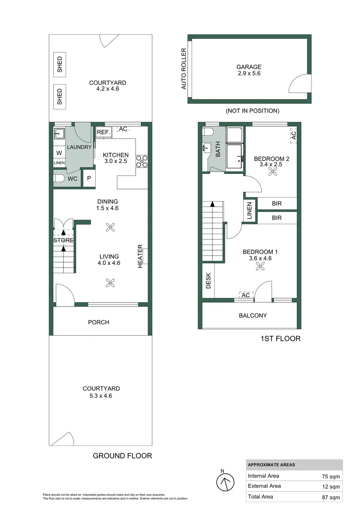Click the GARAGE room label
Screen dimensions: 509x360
click(249, 67)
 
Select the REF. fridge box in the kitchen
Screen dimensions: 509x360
click(103, 132)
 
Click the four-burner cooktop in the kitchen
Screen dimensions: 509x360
click(142, 161)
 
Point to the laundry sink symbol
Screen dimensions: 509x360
click(59, 134)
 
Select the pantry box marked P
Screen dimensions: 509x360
click(89, 180)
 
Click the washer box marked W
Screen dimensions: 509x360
click(59, 153)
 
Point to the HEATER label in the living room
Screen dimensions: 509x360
click(140, 256)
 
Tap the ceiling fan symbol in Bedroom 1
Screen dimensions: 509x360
click(260, 267)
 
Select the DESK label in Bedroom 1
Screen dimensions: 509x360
click(208, 281)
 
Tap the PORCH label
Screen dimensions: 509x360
click(98, 322)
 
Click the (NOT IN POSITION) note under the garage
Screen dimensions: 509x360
click(252, 111)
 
